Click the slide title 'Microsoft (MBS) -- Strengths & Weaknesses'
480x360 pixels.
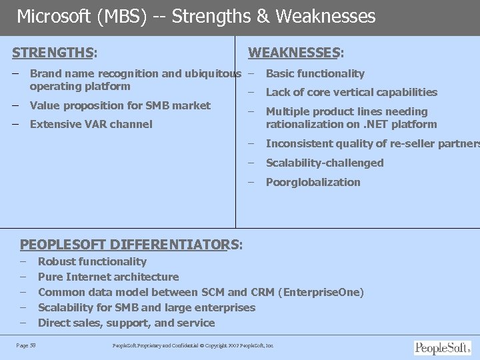tap(196, 16)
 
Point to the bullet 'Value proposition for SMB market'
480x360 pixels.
tap(120, 105)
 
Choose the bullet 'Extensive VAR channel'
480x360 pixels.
tap(91, 124)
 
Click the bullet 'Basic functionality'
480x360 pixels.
tap(315, 73)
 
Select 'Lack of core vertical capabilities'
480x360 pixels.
tap(351, 92)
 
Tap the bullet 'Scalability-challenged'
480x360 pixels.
tap(325, 163)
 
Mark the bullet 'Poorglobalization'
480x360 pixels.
tap(313, 182)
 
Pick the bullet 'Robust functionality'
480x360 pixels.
tap(92, 261)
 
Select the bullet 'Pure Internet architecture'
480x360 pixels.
tap(108, 277)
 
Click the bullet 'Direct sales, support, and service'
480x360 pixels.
tap(126, 323)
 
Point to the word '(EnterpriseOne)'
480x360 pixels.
tap(322, 292)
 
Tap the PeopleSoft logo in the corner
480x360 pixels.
tap(442, 347)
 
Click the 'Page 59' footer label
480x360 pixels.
tap(26, 345)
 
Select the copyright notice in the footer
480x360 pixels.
tap(193, 345)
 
